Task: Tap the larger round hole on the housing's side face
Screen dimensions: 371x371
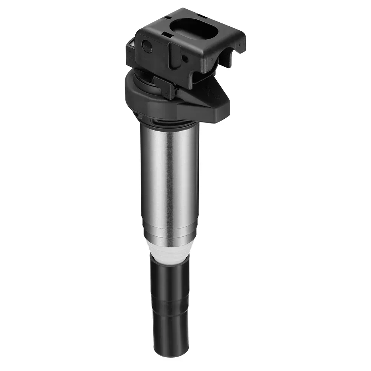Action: coord(148,46)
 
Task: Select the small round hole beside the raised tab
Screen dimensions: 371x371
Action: coord(184,58)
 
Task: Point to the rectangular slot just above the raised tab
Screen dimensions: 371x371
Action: coord(168,36)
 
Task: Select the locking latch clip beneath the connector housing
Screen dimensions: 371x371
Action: coord(165,86)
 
